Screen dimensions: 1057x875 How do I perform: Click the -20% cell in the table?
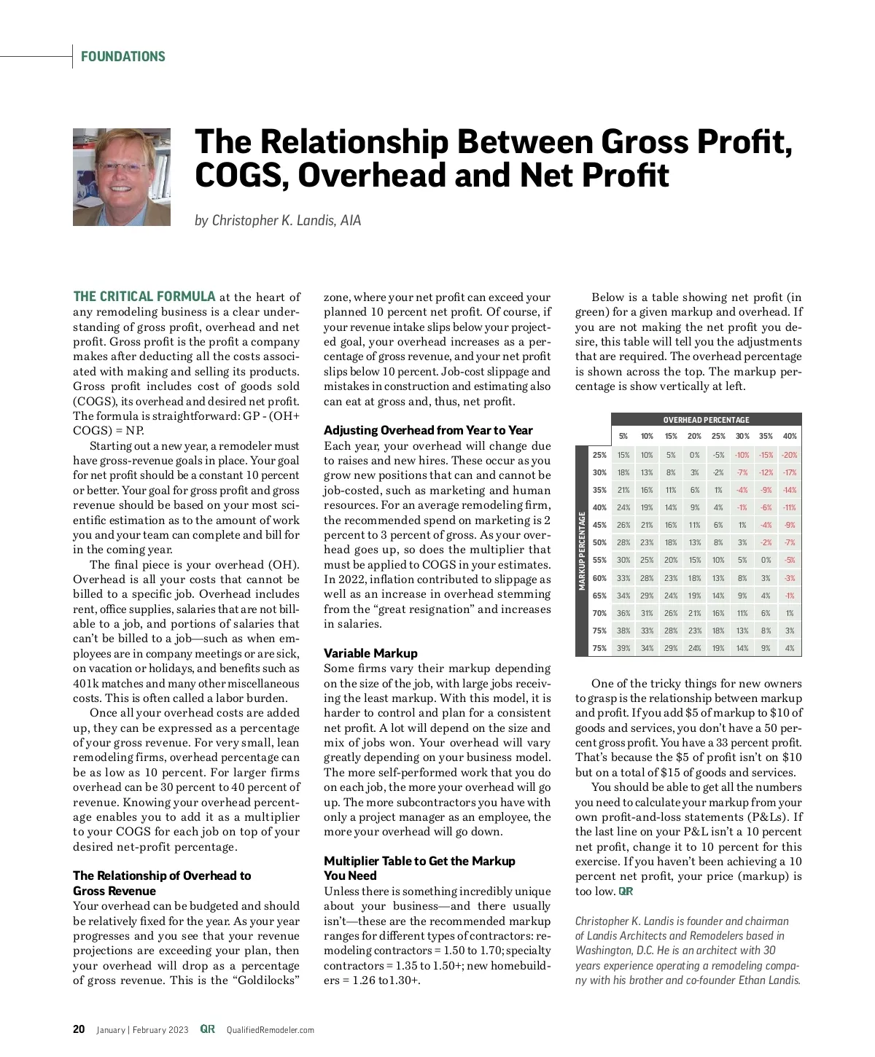coord(789,455)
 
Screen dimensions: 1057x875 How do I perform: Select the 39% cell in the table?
coord(623,648)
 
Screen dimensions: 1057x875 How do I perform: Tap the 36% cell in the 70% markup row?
coord(623,613)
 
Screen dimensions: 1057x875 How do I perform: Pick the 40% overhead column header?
coord(790,436)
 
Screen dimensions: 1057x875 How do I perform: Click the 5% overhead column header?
coord(623,436)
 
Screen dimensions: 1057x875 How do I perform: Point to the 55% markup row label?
coord(599,561)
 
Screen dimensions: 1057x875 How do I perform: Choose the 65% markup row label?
coord(599,596)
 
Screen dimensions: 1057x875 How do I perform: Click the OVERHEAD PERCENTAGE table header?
coord(706,420)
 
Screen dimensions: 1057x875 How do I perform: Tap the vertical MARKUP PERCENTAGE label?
coord(582,551)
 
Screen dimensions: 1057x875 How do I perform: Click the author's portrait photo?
coord(122,177)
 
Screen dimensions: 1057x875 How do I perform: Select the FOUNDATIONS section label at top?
coord(123,57)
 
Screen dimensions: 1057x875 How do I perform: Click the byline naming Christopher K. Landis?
coord(278,220)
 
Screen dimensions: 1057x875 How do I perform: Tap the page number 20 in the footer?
coord(79,1029)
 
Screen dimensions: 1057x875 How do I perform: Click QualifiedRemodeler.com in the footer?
coord(270,1030)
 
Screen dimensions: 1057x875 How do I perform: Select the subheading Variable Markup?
coord(370,653)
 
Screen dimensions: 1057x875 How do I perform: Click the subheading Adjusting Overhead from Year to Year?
coord(428,430)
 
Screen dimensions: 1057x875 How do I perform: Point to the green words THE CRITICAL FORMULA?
coord(144,297)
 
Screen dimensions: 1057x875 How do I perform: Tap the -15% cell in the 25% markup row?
coord(766,455)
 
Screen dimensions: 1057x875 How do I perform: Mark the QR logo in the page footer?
coord(208,1029)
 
